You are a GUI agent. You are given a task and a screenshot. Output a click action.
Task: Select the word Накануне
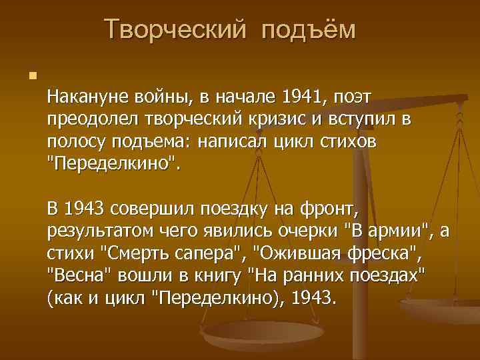click(85, 99)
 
